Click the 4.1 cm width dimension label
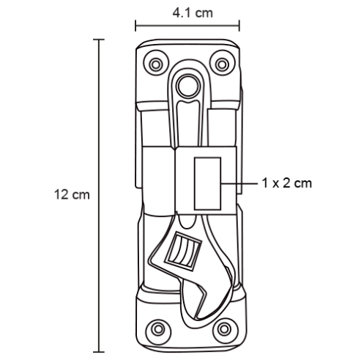pos(193,13)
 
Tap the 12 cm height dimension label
pos(72,195)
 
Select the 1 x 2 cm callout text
pos(287,183)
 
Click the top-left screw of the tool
pos(156,65)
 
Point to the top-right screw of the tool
pos(222,65)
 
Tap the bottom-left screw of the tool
pos(158,329)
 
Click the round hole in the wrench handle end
pos(188,86)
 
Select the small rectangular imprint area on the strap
pos(208,183)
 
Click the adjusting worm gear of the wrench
pos(184,251)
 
